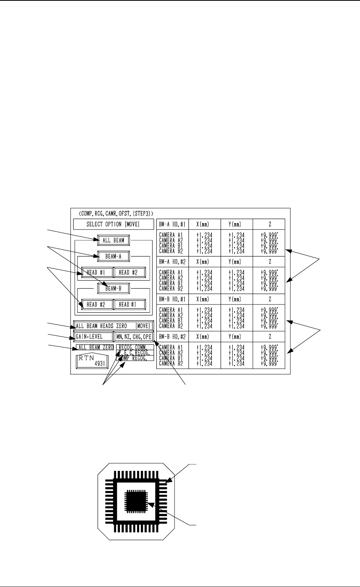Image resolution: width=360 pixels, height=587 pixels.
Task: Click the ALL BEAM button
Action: click(x=113, y=240)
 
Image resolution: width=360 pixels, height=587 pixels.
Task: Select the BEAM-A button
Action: click(x=113, y=256)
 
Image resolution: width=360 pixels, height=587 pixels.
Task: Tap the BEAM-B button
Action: click(x=113, y=288)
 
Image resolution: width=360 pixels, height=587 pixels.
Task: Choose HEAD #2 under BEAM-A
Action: click(x=129, y=272)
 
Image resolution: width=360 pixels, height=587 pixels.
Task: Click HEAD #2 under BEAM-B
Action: click(x=97, y=305)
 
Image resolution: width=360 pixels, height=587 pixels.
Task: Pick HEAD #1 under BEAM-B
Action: click(x=129, y=305)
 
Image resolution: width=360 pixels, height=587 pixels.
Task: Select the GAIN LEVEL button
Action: click(x=93, y=337)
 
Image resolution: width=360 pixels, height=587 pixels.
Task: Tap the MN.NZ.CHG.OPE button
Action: click(x=134, y=337)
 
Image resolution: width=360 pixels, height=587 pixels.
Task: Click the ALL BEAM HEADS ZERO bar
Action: click(x=113, y=326)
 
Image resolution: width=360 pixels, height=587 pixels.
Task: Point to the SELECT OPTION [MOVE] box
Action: click(x=113, y=224)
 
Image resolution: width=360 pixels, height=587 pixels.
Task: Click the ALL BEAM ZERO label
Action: click(x=95, y=347)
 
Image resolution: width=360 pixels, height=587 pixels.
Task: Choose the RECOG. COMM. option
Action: click(x=135, y=347)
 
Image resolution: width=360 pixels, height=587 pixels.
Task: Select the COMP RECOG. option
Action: click(x=135, y=359)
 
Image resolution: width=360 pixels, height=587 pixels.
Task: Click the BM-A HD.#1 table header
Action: click(x=173, y=224)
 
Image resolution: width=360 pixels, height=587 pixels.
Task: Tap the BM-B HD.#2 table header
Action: click(x=173, y=337)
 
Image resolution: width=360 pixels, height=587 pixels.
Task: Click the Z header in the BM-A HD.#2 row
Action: click(x=269, y=262)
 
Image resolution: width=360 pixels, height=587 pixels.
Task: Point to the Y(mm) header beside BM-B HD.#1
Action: click(x=237, y=299)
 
